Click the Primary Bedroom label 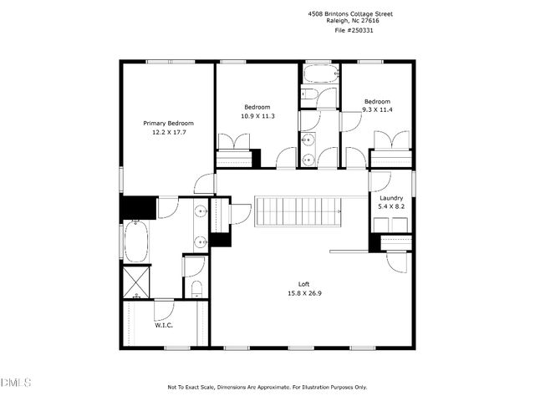[163, 124]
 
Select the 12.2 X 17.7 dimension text [163, 132]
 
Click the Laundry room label [391, 197]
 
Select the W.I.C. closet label [163, 325]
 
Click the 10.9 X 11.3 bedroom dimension [257, 116]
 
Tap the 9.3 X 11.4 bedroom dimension [377, 109]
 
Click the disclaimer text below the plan [267, 388]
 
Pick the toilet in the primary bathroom [196, 288]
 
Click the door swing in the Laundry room [380, 181]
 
